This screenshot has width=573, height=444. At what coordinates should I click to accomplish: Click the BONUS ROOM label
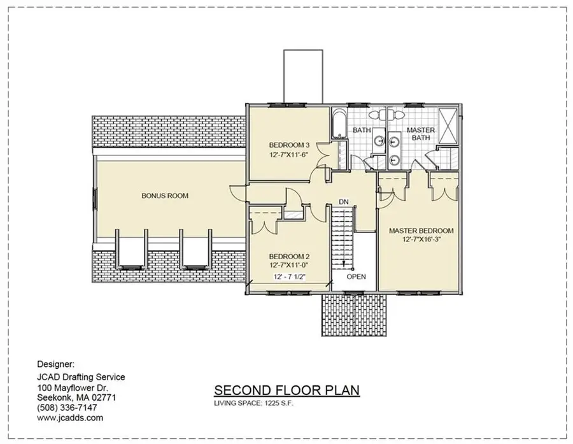(x=165, y=196)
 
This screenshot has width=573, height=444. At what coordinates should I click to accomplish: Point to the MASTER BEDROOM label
(x=421, y=231)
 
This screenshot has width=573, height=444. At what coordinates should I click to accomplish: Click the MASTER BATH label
(x=421, y=134)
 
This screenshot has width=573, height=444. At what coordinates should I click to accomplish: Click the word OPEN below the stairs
(x=357, y=277)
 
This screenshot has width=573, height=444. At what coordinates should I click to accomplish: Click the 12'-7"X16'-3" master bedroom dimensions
(x=421, y=240)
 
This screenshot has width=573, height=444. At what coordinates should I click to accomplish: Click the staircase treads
(x=343, y=236)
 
